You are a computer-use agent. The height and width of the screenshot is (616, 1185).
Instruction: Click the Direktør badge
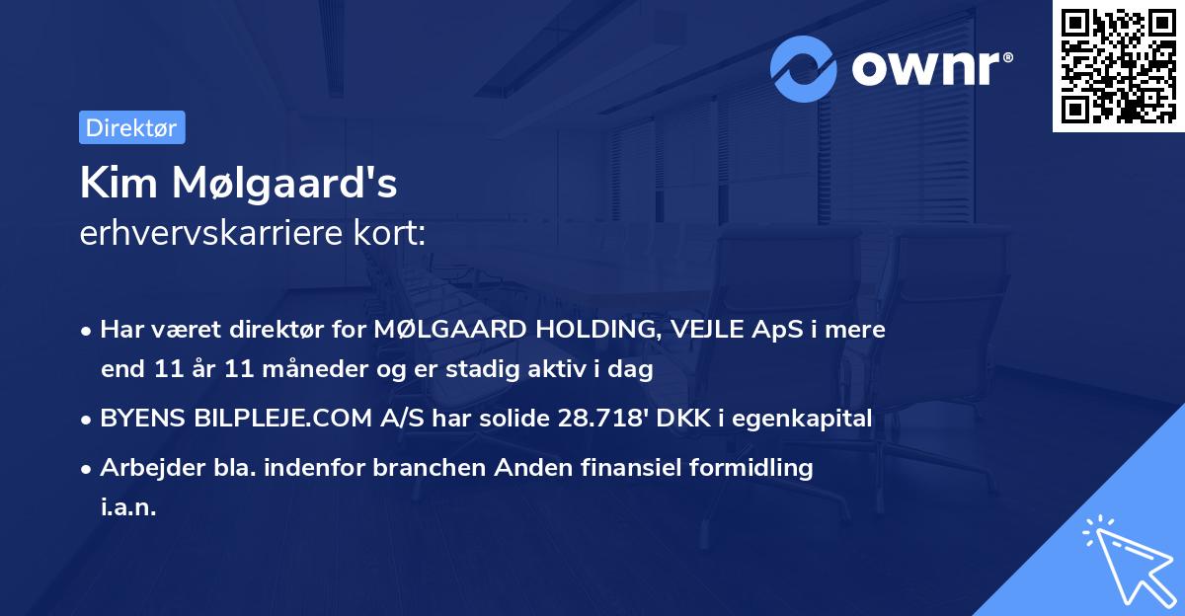[x=131, y=127]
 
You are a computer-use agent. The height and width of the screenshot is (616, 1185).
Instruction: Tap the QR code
[x=1118, y=66]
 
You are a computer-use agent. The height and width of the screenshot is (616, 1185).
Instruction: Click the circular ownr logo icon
[x=804, y=68]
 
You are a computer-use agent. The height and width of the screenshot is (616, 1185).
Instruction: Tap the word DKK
[x=695, y=419]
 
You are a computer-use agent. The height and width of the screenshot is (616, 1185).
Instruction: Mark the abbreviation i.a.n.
[x=128, y=506]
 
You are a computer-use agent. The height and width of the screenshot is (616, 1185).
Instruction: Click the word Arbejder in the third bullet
[x=143, y=468]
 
